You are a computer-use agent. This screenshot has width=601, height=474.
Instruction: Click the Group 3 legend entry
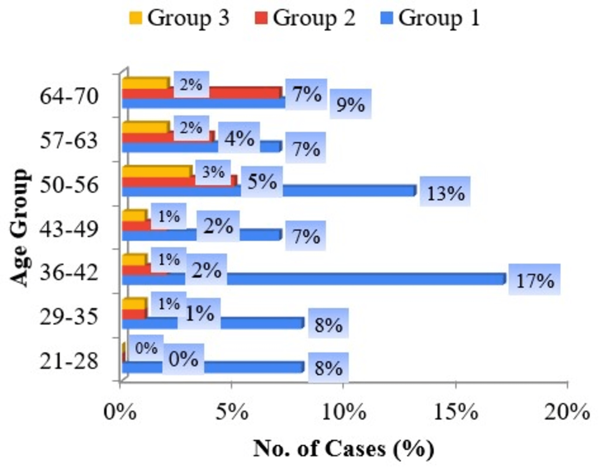tap(179, 18)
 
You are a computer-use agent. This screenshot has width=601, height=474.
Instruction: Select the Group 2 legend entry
tap(305, 18)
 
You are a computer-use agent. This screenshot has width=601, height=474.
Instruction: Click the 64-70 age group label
tap(69, 97)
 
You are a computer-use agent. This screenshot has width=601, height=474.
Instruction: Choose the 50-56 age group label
tap(69, 185)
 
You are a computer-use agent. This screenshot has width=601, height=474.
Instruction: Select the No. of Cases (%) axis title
tap(344, 449)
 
